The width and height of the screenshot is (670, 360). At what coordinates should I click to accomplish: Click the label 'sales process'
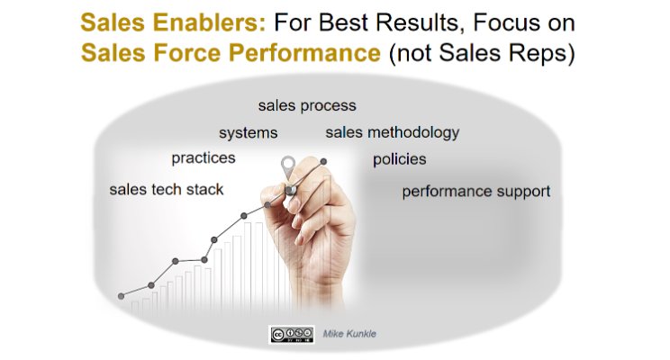point(306,106)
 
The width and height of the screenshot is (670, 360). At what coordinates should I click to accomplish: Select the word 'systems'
point(248,133)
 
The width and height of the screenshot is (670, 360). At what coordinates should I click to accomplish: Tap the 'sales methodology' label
point(392,133)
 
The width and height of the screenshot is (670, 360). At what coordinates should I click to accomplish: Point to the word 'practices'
point(203,158)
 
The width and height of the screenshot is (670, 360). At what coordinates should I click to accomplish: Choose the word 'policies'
point(399,160)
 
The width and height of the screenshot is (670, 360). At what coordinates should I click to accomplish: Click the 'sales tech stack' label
point(166,190)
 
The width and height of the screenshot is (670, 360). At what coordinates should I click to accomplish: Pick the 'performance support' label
point(475,192)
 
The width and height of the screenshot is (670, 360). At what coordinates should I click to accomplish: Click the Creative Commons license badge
point(290,334)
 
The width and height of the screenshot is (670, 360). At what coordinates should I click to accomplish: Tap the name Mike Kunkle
point(349,334)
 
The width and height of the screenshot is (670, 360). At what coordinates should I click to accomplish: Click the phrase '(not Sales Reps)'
point(481,53)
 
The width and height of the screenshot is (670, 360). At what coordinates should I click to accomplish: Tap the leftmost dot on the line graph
point(121,295)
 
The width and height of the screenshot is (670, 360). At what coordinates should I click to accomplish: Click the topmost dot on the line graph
point(323,162)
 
